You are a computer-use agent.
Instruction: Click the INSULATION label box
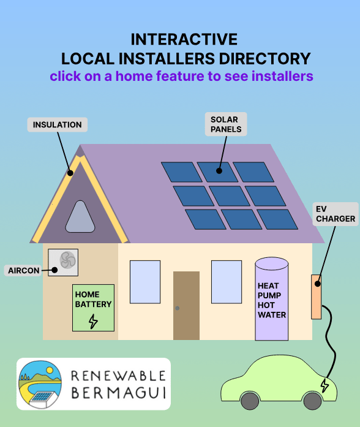tap(58, 125)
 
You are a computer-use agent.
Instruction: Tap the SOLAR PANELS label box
tap(225, 124)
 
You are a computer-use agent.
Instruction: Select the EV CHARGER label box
tap(335, 214)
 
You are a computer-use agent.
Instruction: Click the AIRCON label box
tap(23, 270)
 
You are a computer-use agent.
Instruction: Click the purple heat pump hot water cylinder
tap(272, 300)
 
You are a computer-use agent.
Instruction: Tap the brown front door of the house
tap(186, 305)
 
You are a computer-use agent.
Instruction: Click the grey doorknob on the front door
tap(178, 308)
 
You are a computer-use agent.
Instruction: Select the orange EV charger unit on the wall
tap(317, 297)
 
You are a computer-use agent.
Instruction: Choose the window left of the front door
tap(145, 282)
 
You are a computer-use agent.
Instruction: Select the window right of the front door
tap(227, 282)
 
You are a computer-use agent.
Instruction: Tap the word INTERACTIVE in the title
tap(184, 40)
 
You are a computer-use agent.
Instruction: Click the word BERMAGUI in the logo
tap(118, 391)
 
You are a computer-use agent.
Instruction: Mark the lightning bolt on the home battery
tap(93, 321)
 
